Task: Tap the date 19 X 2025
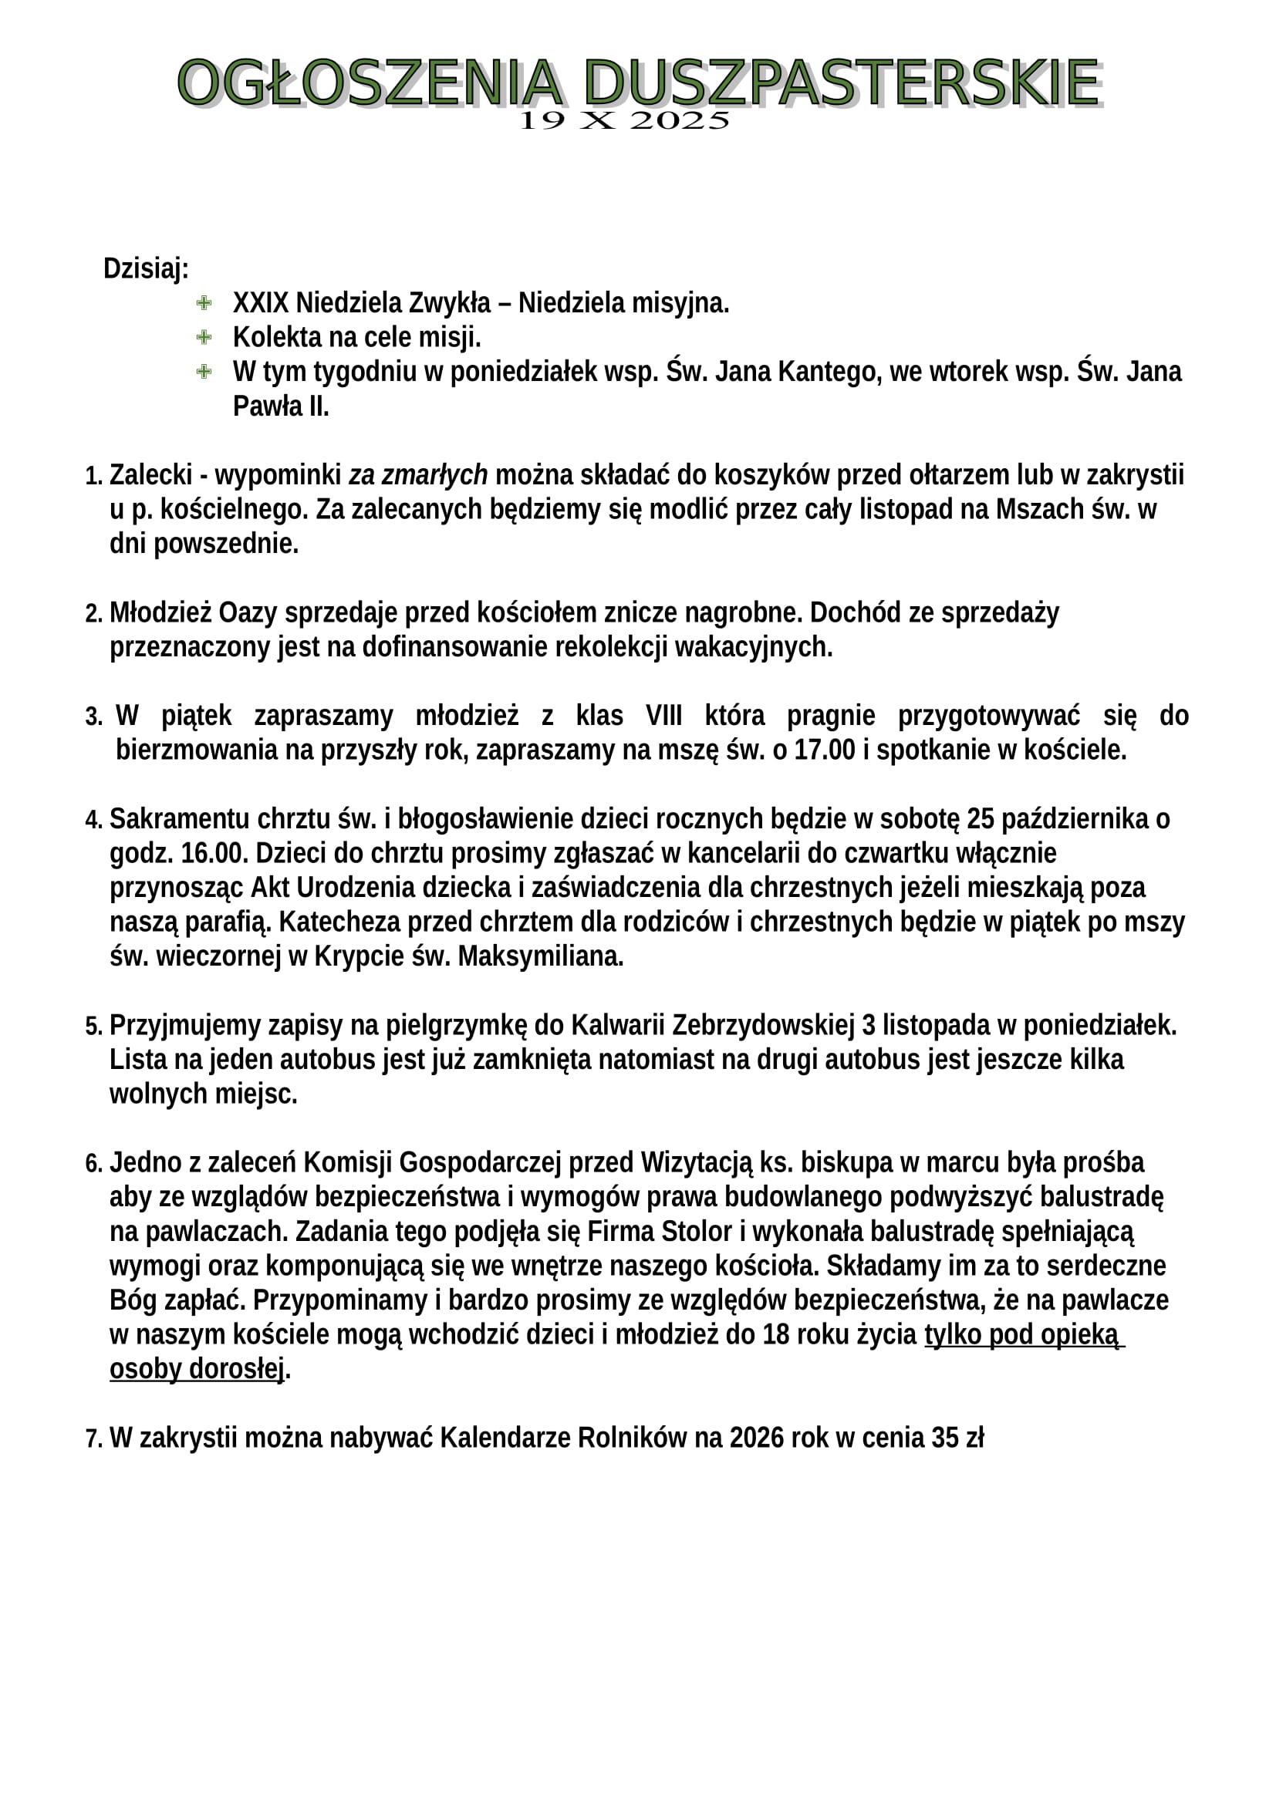[626, 121]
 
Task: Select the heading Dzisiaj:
[146, 268]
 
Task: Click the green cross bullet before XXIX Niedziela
[204, 303]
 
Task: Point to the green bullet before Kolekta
[204, 338]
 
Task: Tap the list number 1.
[93, 476]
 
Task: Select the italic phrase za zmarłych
[418, 475]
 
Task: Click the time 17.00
[824, 750]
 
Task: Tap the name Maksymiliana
[541, 957]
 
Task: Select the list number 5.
[93, 1027]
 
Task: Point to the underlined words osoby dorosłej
[197, 1370]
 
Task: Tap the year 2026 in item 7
[757, 1438]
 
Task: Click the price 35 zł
[957, 1438]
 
